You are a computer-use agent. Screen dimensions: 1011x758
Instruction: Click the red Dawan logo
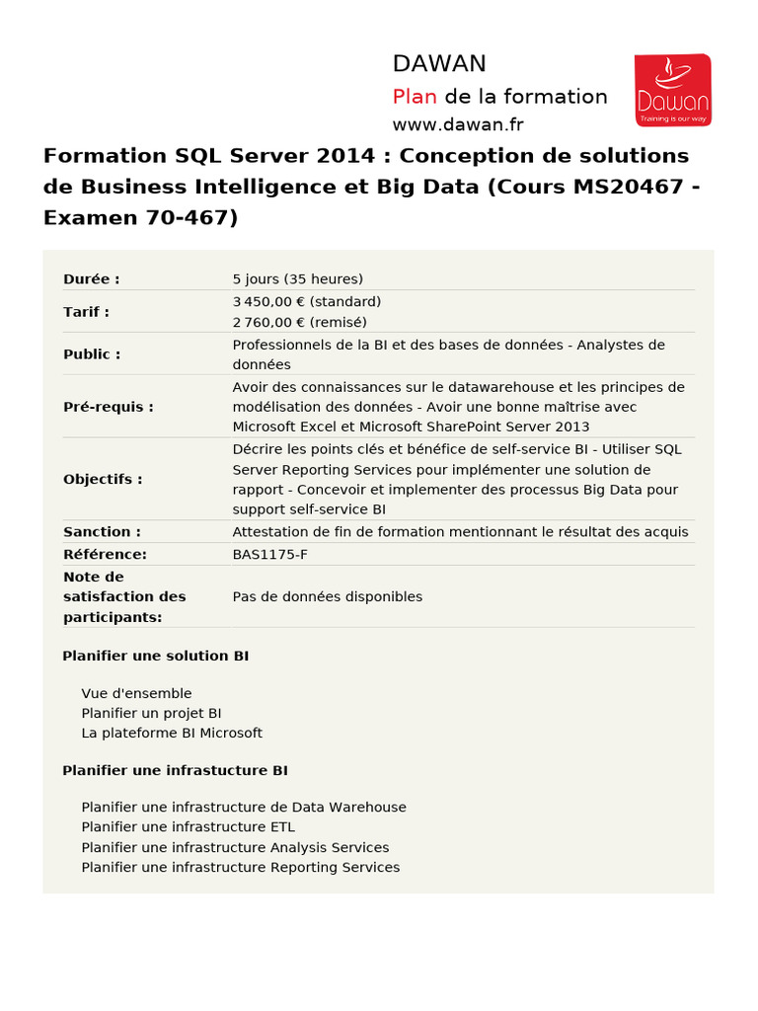point(671,90)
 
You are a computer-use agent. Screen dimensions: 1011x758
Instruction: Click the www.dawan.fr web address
point(458,124)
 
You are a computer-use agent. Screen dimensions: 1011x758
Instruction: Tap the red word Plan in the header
point(415,97)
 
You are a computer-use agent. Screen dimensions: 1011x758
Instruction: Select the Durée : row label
point(92,279)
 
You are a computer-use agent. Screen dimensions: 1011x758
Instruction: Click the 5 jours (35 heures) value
point(298,279)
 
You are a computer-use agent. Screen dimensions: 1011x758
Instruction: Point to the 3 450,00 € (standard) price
point(307,301)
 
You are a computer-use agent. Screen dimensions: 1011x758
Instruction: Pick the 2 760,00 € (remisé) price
point(299,322)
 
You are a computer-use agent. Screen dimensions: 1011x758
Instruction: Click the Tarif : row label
point(87,312)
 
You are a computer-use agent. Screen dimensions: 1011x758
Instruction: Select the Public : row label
point(92,353)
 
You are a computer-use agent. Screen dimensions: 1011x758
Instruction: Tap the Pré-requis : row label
point(109,406)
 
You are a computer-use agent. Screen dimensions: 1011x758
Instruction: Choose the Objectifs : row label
point(103,479)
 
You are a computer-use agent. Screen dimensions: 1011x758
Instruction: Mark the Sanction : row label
point(102,532)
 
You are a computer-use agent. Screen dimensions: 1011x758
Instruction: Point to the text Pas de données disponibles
point(328,596)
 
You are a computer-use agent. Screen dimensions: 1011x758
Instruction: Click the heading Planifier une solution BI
point(156,656)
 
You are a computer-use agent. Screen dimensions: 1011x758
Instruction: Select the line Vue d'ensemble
point(136,693)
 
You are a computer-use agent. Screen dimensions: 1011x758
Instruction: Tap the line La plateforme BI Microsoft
point(172,733)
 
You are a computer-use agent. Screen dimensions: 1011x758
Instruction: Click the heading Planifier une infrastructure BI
point(175,770)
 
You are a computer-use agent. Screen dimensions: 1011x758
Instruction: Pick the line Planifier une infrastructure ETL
point(189,826)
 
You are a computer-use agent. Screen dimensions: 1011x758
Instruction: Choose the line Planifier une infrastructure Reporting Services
point(241,867)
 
